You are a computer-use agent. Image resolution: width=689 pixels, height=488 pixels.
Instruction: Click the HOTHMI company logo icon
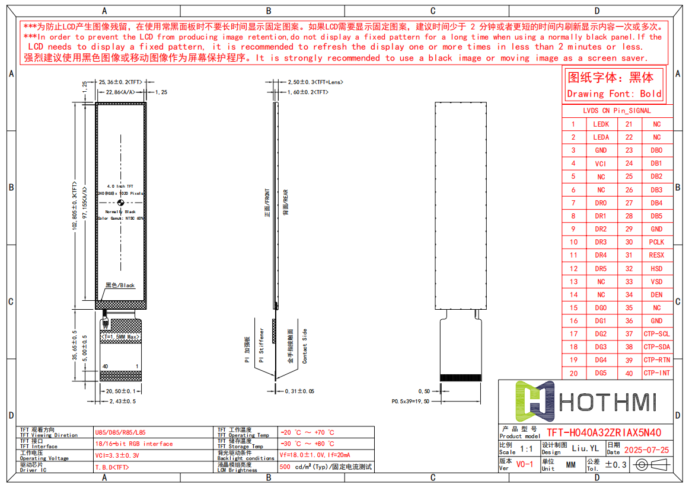534,397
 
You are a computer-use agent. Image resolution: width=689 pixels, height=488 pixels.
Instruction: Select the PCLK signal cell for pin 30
656,242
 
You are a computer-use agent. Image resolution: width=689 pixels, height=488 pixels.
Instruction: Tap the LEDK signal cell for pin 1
601,124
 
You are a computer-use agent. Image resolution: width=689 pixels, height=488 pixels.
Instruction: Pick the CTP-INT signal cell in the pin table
656,373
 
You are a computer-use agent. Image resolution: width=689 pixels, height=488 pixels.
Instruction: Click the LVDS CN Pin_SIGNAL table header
617,111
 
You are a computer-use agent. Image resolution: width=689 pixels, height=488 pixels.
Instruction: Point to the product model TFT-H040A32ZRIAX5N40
604,433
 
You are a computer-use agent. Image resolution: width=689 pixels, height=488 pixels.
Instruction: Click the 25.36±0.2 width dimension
120,82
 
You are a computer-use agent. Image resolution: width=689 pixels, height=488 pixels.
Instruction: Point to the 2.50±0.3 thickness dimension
315,82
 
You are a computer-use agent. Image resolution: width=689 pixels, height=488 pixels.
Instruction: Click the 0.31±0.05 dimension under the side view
299,391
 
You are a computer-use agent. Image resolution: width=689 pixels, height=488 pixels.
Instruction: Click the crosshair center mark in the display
120,203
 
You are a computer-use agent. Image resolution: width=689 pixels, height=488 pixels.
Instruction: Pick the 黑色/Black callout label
120,285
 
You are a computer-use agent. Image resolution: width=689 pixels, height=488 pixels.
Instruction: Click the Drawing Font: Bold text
614,94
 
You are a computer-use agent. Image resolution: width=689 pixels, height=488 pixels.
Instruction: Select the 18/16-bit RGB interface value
134,444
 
